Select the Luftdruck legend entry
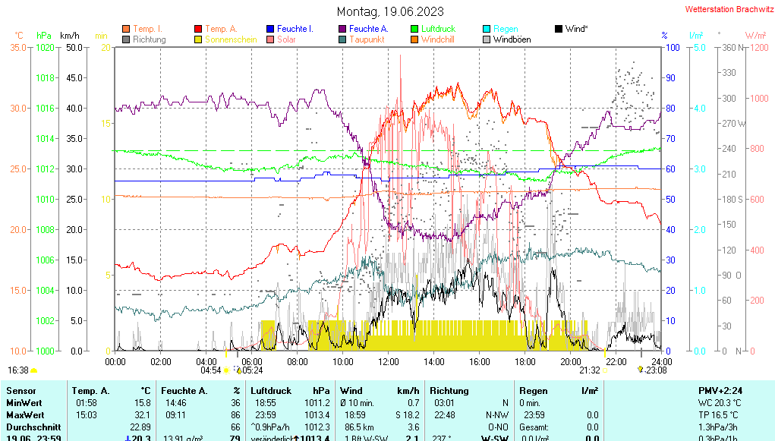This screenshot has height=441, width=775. (x=438, y=29)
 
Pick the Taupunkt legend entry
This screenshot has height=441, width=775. (x=367, y=39)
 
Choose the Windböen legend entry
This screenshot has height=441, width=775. (x=512, y=39)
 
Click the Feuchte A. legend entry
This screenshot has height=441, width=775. (x=368, y=29)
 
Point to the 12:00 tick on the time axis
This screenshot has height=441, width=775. (x=389, y=361)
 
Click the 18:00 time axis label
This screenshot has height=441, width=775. (x=525, y=361)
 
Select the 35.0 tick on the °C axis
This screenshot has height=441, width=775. (x=18, y=47)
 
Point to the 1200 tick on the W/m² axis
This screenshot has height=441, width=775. (x=757, y=47)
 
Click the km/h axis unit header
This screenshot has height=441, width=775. (x=70, y=36)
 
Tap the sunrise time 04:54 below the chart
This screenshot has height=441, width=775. (x=210, y=370)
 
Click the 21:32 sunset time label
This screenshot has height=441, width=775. (x=590, y=370)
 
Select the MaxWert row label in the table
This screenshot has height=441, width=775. (x=24, y=415)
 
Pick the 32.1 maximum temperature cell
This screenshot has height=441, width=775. (x=141, y=415)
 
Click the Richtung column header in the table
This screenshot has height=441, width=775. (x=449, y=390)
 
